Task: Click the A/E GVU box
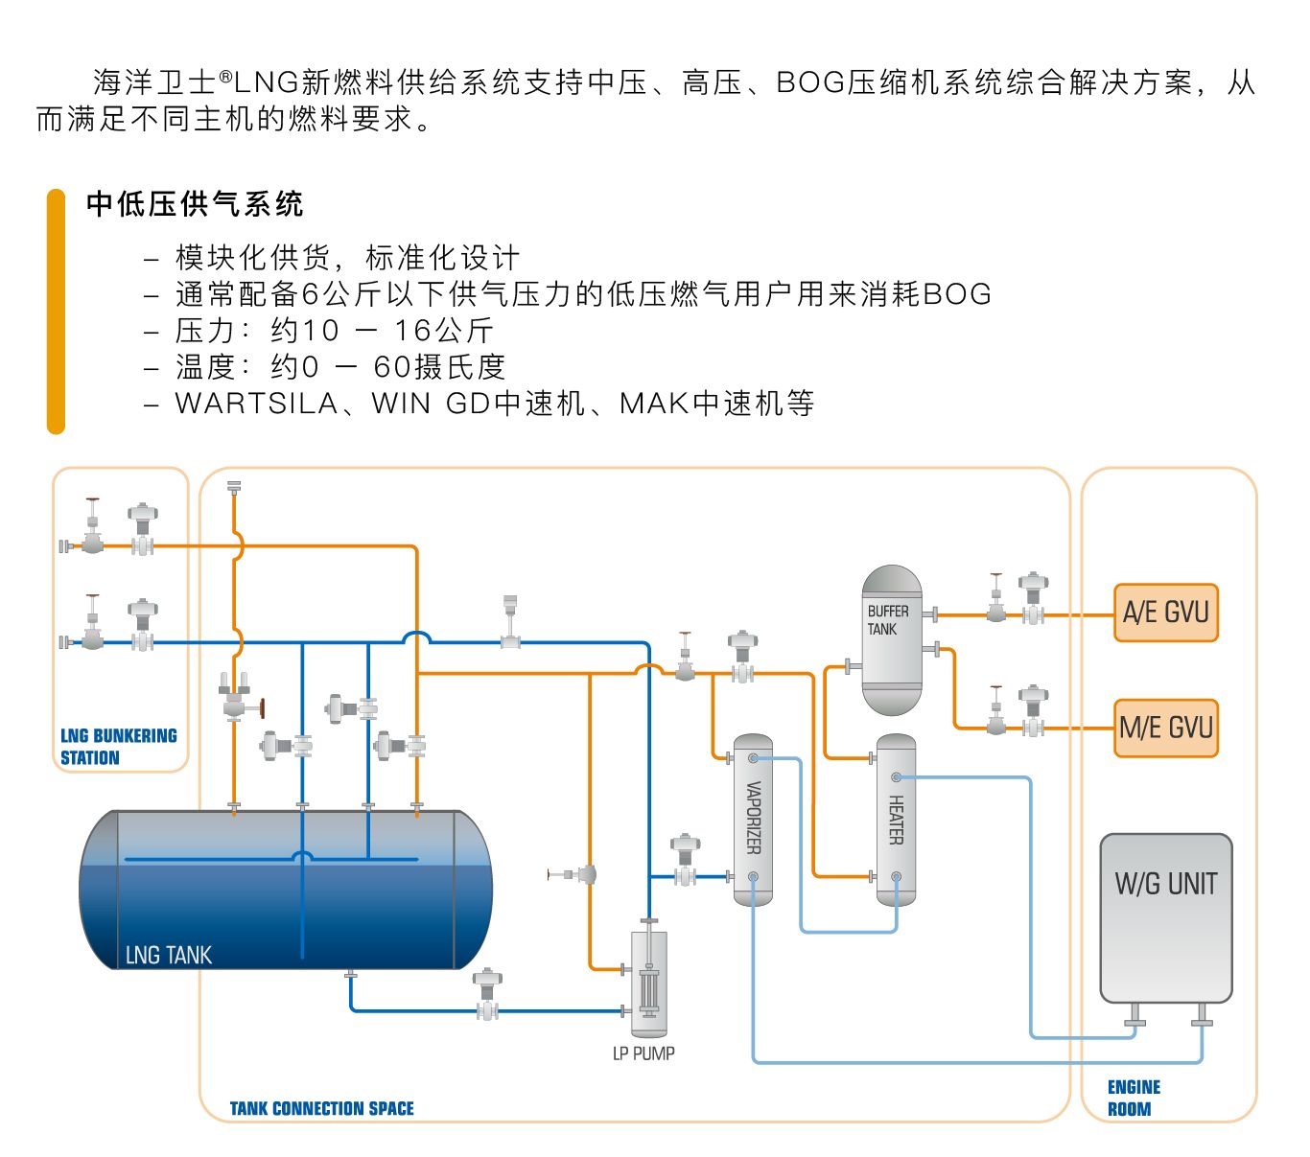[1165, 613]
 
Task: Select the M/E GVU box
[1165, 728]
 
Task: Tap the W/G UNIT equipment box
[1165, 917]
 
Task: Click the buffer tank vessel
[892, 640]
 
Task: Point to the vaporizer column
[753, 820]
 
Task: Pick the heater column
[896, 820]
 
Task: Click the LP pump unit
[649, 983]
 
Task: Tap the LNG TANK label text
[169, 955]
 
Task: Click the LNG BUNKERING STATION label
[118, 747]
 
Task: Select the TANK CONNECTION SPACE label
[321, 1109]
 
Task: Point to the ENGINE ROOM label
[1133, 1098]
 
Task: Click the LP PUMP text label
[643, 1053]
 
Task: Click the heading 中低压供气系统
[195, 204]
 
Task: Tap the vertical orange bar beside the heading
[56, 312]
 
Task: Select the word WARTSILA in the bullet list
[256, 404]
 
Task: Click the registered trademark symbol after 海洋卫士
[225, 75]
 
